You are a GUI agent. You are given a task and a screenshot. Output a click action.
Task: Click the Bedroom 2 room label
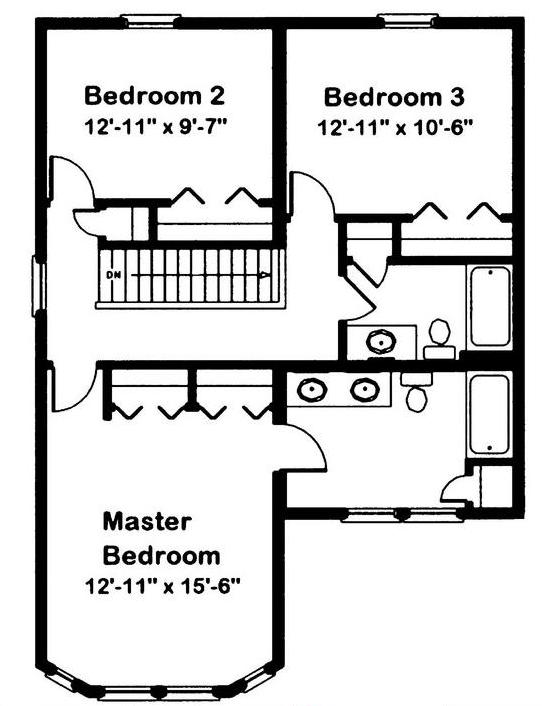pyautogui.click(x=154, y=96)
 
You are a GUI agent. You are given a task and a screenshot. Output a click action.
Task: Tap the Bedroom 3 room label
pyautogui.click(x=394, y=97)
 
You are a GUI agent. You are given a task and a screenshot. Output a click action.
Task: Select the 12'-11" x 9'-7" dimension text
pyautogui.click(x=154, y=127)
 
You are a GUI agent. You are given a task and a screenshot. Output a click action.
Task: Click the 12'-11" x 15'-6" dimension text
pyautogui.click(x=162, y=587)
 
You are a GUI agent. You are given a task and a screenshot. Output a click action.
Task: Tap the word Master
pyautogui.click(x=147, y=522)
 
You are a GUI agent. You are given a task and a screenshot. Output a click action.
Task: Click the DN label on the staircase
pyautogui.click(x=111, y=274)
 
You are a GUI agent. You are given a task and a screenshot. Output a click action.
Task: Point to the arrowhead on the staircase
pyautogui.click(x=266, y=274)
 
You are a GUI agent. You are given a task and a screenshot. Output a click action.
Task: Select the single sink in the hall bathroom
pyautogui.click(x=381, y=342)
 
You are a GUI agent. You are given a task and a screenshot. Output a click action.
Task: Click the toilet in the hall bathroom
pyautogui.click(x=440, y=339)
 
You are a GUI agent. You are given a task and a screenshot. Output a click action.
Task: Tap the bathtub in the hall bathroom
pyautogui.click(x=490, y=306)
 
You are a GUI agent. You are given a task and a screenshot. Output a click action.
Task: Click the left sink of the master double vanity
pyautogui.click(x=312, y=389)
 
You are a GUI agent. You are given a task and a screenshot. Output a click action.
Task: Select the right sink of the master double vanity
pyautogui.click(x=365, y=389)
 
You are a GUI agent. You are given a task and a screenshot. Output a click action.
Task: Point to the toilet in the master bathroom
pyautogui.click(x=416, y=391)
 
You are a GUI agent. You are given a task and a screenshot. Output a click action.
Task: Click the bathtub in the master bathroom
pyautogui.click(x=490, y=414)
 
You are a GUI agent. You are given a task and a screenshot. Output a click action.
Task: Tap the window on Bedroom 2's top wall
pyautogui.click(x=150, y=21)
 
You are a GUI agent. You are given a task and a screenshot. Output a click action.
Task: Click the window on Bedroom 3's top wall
pyautogui.click(x=407, y=21)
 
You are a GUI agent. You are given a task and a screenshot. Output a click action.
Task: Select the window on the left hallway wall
pyautogui.click(x=39, y=285)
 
